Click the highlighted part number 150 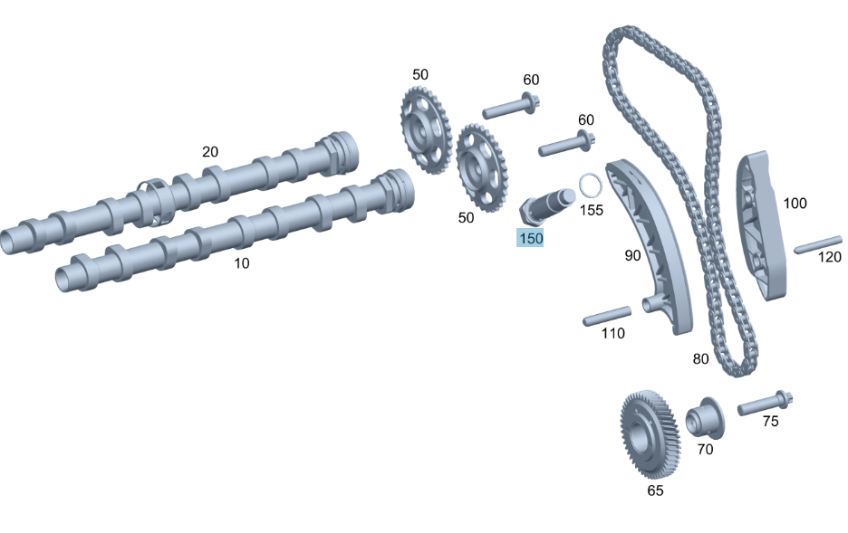[x=531, y=238]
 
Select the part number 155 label [x=591, y=210]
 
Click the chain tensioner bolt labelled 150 [x=547, y=206]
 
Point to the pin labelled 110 [x=607, y=316]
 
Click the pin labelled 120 [x=818, y=244]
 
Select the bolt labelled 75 [x=765, y=403]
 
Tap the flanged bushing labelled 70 [x=705, y=418]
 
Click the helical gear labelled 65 [x=650, y=433]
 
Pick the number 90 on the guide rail [x=632, y=255]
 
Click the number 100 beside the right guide [x=795, y=203]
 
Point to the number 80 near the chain [x=700, y=358]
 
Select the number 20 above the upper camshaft [x=210, y=152]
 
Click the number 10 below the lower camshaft [x=241, y=263]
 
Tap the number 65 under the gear [x=655, y=490]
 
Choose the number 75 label [x=770, y=421]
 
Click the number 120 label [x=830, y=256]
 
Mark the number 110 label [x=612, y=333]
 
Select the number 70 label [x=705, y=450]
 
